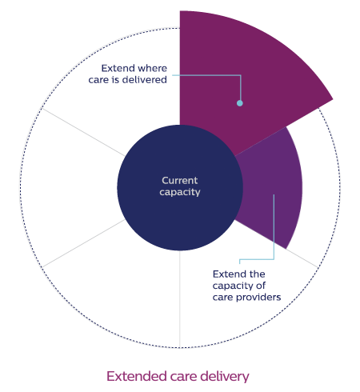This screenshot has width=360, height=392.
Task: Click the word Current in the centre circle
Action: coord(180,181)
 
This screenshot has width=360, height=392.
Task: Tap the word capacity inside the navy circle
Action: coord(180,192)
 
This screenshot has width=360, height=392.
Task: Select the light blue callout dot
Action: coord(240,103)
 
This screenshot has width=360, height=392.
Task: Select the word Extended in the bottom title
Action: coord(137,376)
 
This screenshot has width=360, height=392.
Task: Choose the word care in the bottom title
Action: coord(183,378)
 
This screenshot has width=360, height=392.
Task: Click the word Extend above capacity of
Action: coord(226,274)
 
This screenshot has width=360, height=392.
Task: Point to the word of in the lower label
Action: coord(261,286)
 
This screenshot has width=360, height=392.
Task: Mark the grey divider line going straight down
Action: coord(180,298)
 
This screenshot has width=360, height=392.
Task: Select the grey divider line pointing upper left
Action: coord(83,132)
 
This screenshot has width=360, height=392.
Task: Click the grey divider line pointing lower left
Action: coord(83,243)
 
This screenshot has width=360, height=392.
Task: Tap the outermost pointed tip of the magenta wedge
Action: coord(333,99)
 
